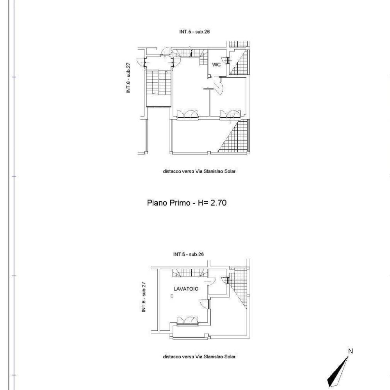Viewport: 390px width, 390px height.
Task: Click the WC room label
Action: (x=216, y=65)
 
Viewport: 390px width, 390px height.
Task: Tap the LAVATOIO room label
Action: (x=186, y=289)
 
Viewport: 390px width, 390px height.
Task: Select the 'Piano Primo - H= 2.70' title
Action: (x=187, y=203)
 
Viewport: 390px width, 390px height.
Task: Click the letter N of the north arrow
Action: (x=351, y=351)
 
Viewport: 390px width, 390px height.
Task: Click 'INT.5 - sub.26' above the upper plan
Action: (x=194, y=32)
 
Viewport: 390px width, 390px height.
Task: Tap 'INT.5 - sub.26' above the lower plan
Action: (x=189, y=254)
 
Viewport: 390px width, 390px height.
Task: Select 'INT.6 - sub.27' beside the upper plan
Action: (x=128, y=78)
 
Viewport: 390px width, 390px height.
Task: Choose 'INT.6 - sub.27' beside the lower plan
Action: (x=143, y=297)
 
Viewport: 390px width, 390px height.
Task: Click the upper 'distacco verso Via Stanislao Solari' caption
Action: (x=200, y=171)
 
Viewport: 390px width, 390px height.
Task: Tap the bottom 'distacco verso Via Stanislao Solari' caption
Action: (x=200, y=356)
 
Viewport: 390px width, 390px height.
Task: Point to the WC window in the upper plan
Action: (x=228, y=60)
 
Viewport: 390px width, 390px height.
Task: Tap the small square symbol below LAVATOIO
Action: (x=172, y=296)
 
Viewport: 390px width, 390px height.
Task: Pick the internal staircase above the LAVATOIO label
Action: (x=190, y=273)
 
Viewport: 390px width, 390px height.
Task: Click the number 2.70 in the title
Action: (x=218, y=203)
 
